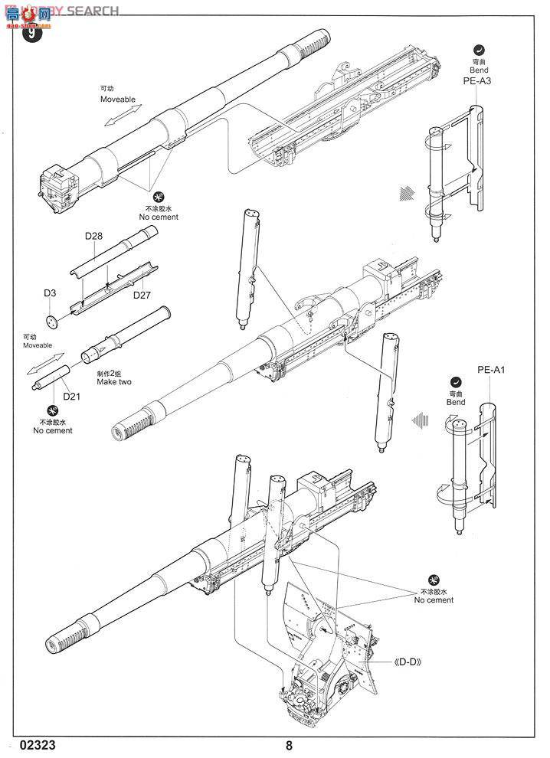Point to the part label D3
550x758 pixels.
49,293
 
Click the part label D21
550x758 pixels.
71,395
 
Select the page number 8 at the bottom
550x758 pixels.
288,745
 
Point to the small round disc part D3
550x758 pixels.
51,320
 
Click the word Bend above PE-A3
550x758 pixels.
476,68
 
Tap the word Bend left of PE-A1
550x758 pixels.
455,401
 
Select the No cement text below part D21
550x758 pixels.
53,430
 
